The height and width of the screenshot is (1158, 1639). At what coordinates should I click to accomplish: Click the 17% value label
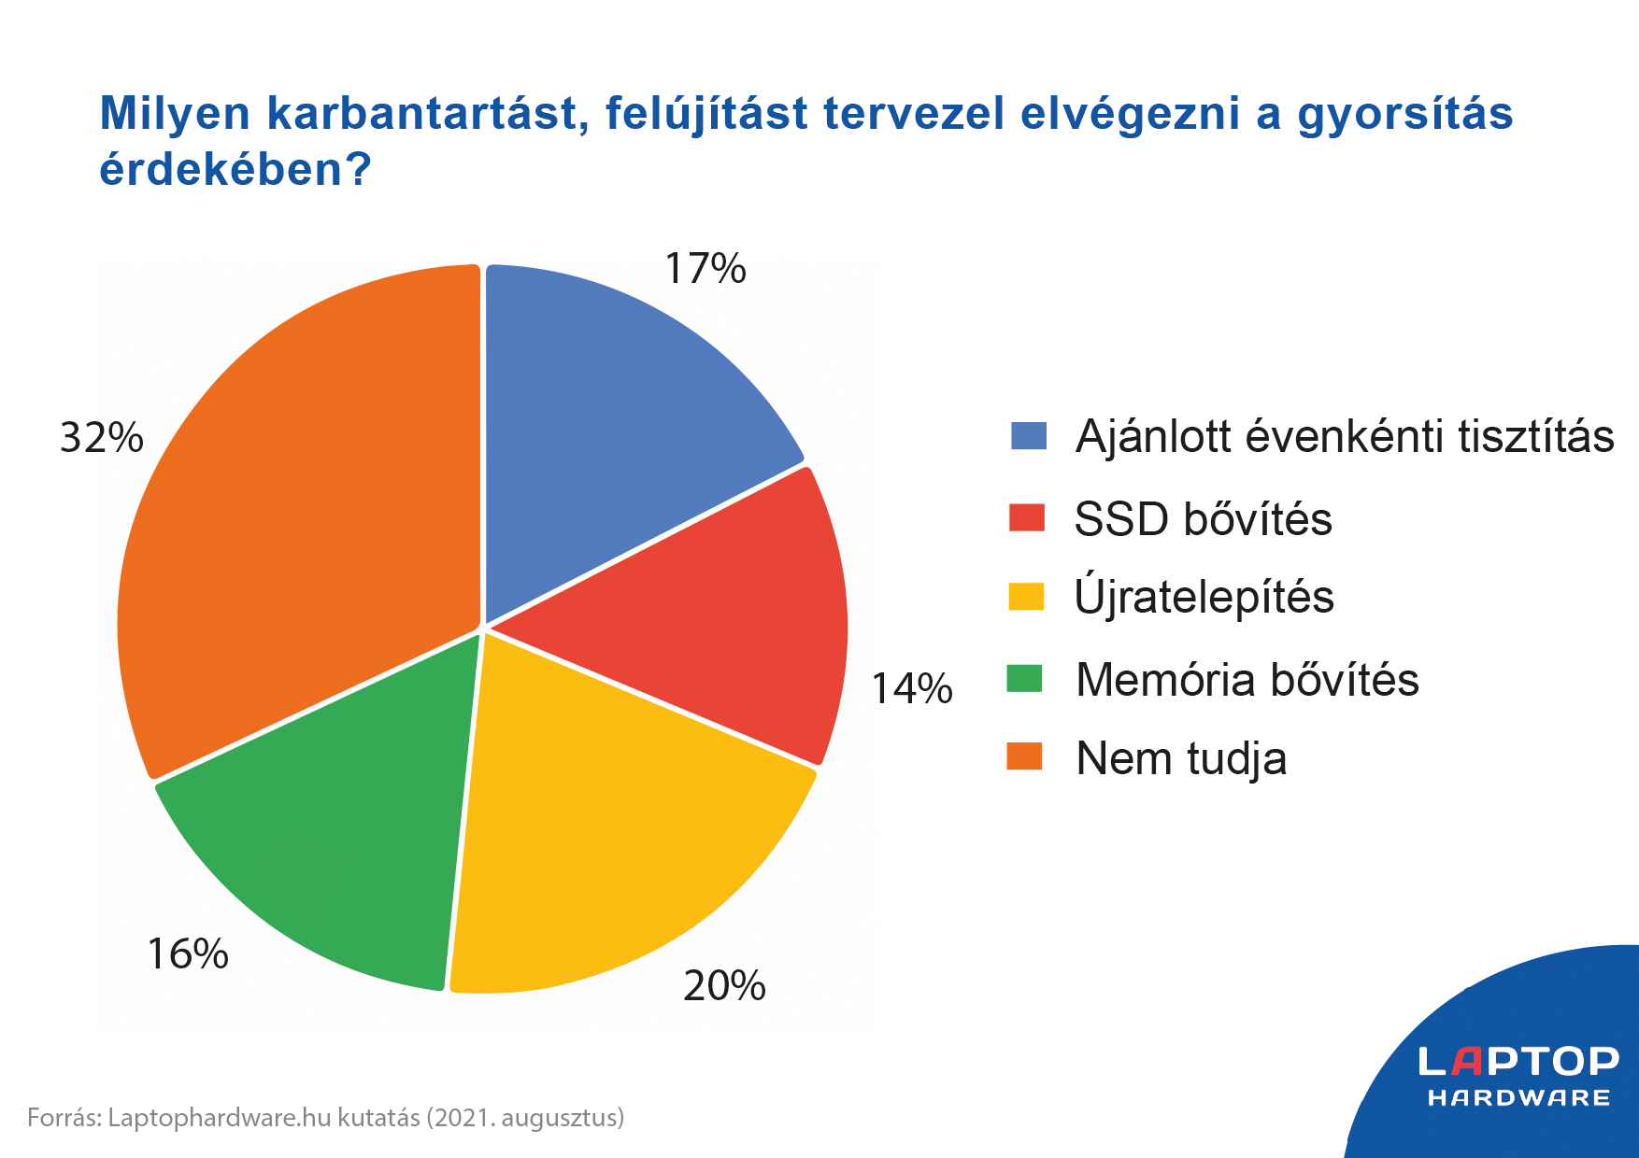point(705,270)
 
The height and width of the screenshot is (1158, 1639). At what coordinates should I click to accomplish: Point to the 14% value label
point(911,689)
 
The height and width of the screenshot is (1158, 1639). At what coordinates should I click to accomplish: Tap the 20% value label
point(724,986)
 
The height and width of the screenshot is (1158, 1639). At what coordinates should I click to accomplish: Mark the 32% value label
point(101,438)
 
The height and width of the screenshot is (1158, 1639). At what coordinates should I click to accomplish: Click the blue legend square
point(1028,436)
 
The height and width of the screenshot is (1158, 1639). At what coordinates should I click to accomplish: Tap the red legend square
point(1026,518)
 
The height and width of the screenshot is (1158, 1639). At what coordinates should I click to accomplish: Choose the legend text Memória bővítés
point(1247,680)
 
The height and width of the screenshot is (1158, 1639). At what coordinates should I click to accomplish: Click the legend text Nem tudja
point(1180,758)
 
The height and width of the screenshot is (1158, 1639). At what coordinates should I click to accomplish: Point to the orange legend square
point(1024,756)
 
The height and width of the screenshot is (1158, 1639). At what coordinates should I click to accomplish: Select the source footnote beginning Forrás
point(325,1118)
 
